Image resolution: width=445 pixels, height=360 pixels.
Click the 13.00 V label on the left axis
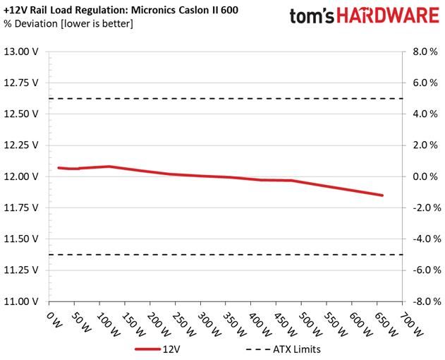click(20, 52)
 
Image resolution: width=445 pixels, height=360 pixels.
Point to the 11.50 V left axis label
click(20, 239)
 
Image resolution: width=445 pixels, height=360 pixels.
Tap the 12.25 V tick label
click(20, 145)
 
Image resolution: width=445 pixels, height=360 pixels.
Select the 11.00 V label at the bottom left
click(20, 301)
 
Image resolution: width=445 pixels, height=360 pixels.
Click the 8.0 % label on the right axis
click(425, 52)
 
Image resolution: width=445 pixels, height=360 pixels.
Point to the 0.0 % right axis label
click(425, 176)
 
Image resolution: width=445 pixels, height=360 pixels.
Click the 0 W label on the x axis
click(54, 320)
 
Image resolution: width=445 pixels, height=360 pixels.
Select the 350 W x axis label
click(234, 325)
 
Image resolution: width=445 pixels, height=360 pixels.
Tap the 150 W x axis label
click(133, 325)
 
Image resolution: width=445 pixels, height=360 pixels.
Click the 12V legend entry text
click(171, 349)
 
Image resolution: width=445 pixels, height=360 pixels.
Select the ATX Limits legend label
click(297, 349)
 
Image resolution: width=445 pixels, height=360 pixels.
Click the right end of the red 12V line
click(382, 196)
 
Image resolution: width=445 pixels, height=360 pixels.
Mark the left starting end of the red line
click(59, 168)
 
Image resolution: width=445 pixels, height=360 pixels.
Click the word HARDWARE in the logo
click(388, 16)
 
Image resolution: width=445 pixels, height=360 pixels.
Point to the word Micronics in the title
click(154, 10)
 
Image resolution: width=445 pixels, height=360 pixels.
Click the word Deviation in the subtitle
click(36, 23)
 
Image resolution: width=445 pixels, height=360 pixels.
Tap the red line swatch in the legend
click(147, 349)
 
